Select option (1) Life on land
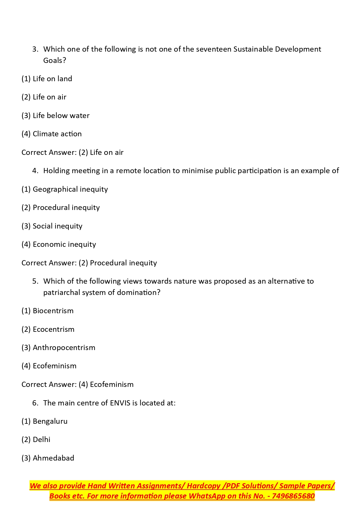(47, 79)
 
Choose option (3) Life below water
(55, 116)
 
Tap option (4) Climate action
(51, 134)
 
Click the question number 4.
(35, 171)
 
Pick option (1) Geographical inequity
(64, 189)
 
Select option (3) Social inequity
(52, 226)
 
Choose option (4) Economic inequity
(59, 244)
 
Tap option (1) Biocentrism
(47, 311)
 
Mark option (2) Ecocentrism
(48, 329)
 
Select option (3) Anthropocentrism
(58, 348)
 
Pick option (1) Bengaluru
(44, 421)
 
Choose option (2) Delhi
(36, 440)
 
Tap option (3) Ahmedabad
(48, 458)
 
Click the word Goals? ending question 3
(55, 61)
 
